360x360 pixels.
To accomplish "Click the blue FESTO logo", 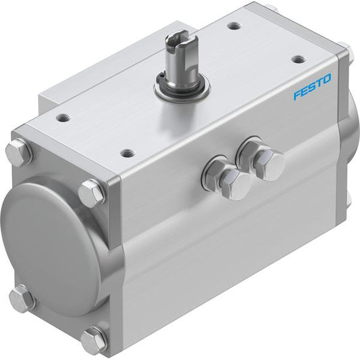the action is [x=312, y=86].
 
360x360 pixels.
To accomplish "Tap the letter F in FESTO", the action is [x=297, y=94].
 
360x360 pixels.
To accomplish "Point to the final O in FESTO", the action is [x=326, y=78].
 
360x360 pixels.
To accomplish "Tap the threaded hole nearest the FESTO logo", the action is [x=300, y=59].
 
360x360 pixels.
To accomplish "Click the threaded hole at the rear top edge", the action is [x=234, y=26].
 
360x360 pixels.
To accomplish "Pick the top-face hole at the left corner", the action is [x=63, y=118].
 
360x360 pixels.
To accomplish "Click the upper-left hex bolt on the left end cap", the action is [x=19, y=151].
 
